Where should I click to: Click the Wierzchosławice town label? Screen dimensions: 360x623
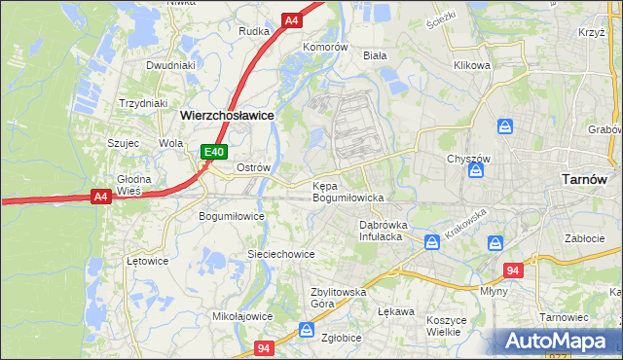(x=227, y=114)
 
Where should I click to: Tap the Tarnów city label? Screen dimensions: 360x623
(x=585, y=179)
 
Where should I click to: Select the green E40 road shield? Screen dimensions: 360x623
(x=214, y=152)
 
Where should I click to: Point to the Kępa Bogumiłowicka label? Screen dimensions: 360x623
(x=348, y=191)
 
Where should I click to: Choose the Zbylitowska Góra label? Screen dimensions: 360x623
(x=337, y=297)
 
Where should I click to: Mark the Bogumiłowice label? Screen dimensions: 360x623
(x=232, y=215)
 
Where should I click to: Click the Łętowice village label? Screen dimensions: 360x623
(x=148, y=261)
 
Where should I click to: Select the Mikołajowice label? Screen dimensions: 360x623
(x=242, y=316)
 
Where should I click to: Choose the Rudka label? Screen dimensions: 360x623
(x=254, y=30)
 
